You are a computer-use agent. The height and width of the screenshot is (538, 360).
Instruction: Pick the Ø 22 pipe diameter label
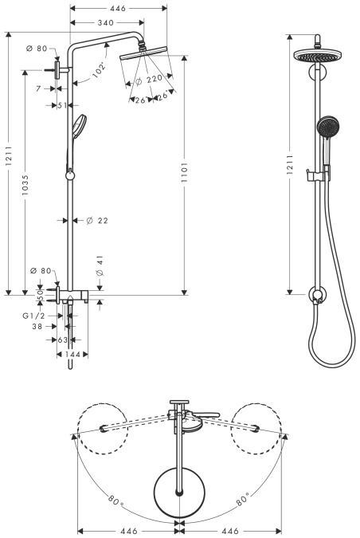[x=97, y=221]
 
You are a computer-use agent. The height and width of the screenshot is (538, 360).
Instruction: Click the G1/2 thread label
[x=33, y=316]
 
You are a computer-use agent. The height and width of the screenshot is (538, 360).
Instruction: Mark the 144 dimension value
[x=72, y=353]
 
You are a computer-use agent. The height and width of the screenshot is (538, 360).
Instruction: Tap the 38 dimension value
[x=37, y=327]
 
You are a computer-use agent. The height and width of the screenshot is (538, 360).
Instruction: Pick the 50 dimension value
[x=41, y=295]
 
